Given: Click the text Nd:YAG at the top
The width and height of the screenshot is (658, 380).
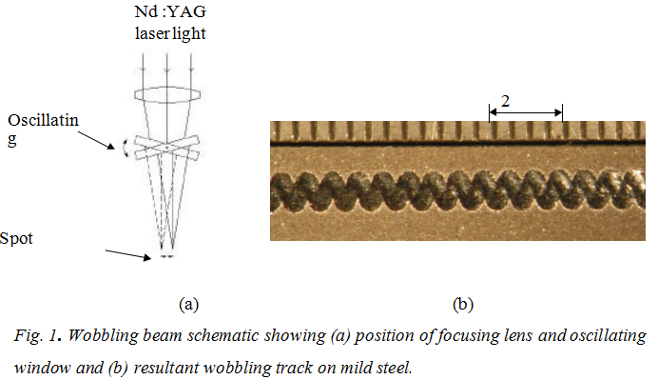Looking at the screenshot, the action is click(170, 11).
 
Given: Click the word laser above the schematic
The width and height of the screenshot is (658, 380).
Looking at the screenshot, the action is click(152, 33).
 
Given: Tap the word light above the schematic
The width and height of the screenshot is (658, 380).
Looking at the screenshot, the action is click(189, 33).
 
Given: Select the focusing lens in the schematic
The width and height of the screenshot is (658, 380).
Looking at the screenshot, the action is click(167, 94).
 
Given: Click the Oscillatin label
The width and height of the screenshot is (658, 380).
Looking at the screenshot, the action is click(43, 120).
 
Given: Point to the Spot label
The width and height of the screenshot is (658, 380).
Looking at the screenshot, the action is click(16, 239).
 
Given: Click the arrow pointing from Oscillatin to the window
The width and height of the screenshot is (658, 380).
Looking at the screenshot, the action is click(96, 140).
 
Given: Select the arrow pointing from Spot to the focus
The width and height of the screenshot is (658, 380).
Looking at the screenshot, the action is click(128, 254).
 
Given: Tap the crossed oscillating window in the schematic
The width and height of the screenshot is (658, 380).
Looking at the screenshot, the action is click(166, 148).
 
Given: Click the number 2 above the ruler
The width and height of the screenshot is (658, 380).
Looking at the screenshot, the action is click(505, 101).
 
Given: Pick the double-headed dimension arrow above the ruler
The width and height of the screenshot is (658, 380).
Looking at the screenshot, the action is click(526, 112).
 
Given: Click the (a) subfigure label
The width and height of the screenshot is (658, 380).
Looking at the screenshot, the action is click(188, 304).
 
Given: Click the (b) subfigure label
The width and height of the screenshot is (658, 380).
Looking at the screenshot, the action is click(463, 304).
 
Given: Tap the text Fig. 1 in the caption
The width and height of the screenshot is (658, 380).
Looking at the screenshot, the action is click(38, 336).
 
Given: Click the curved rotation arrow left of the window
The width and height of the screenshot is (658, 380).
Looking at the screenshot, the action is click(124, 149).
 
